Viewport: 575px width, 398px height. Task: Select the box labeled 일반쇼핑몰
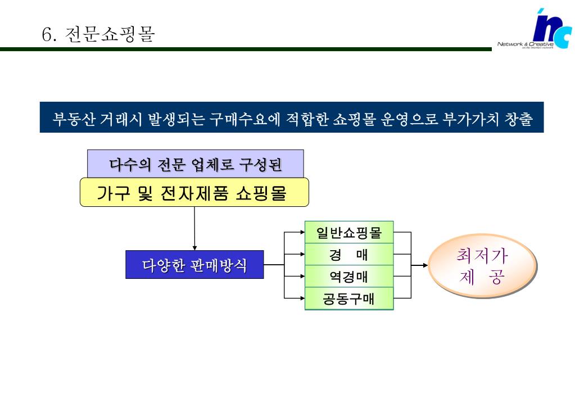tap(348, 233)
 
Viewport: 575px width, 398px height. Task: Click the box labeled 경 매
tap(348, 255)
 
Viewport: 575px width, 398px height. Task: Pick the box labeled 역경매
tap(348, 277)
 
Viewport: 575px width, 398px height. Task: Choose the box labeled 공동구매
tap(348, 298)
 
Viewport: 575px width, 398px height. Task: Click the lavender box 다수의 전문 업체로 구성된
tap(195, 164)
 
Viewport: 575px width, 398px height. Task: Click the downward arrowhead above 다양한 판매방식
tap(194, 247)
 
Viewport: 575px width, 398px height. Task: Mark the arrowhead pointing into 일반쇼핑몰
tap(302, 232)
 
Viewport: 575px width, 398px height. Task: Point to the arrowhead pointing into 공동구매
tap(302, 298)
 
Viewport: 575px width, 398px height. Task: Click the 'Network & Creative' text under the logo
tap(525, 44)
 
